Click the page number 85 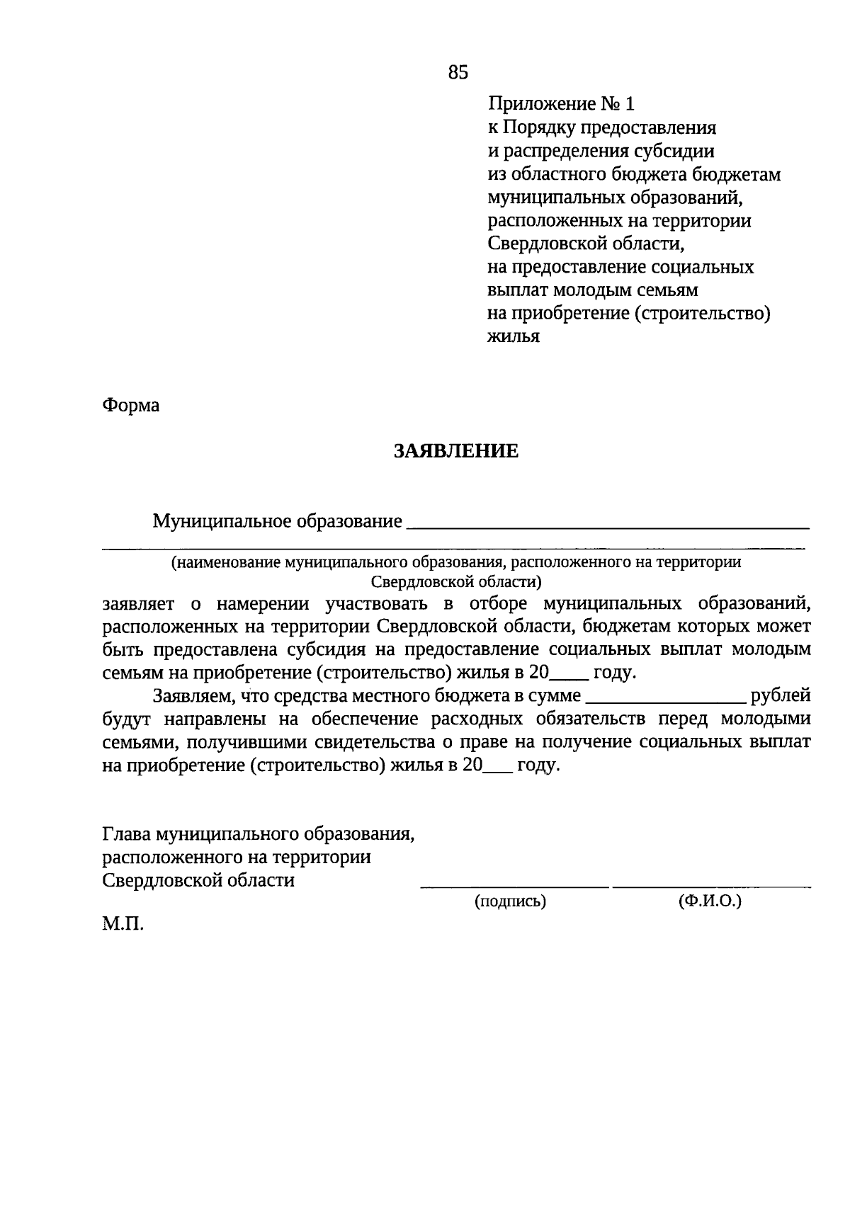458,72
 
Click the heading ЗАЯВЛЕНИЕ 456,451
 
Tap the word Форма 131,405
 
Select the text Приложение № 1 561,104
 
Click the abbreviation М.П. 123,924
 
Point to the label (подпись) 510,901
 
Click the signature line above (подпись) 514,886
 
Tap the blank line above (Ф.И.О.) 711,886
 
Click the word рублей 781,696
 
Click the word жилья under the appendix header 514,337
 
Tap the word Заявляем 193,697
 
